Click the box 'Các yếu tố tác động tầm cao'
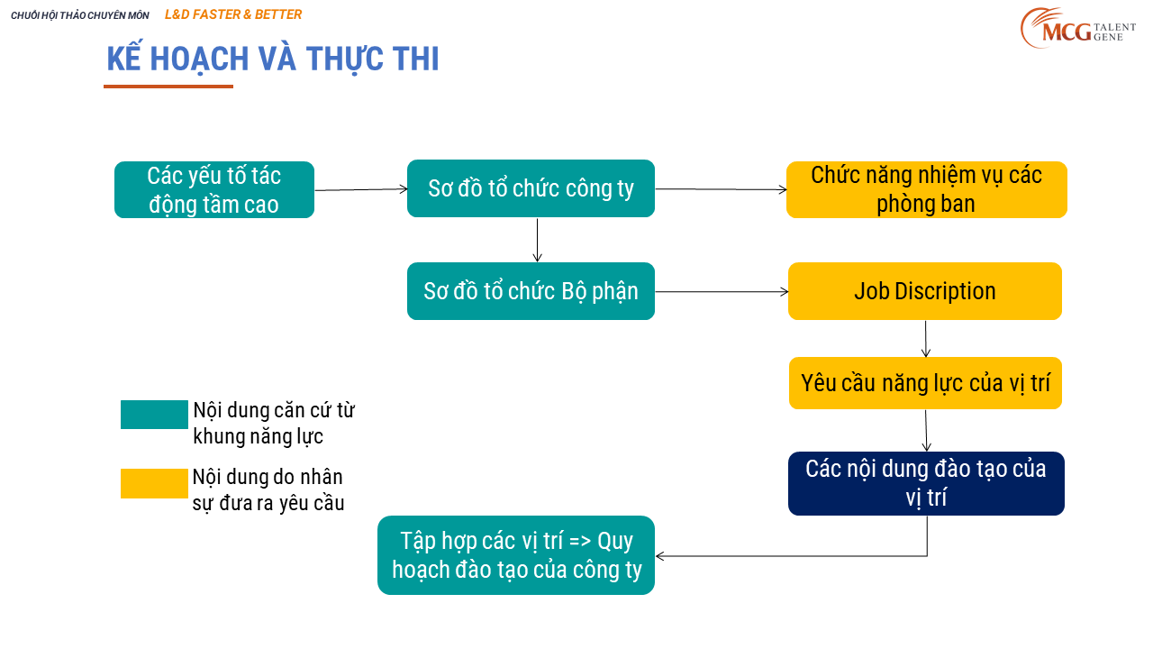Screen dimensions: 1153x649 click(x=214, y=189)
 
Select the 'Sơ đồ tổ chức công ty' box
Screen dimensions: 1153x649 click(x=531, y=188)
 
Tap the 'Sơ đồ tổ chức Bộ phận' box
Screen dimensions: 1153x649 click(x=531, y=291)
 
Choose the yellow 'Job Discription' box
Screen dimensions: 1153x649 click(x=925, y=291)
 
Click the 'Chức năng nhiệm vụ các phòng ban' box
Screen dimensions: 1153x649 click(x=927, y=189)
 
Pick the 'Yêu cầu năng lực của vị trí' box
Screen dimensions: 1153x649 click(x=925, y=383)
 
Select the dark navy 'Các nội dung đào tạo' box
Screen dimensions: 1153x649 click(x=926, y=484)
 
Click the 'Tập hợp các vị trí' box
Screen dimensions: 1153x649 click(x=516, y=555)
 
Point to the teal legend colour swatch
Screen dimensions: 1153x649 click(x=154, y=415)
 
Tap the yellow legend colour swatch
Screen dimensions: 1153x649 click(x=154, y=484)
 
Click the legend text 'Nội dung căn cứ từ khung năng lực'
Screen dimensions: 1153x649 click(x=274, y=424)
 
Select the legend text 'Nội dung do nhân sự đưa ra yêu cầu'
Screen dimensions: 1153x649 click(x=268, y=489)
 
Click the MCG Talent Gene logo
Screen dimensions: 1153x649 click(x=1078, y=28)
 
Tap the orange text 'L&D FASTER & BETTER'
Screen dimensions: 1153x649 click(x=233, y=14)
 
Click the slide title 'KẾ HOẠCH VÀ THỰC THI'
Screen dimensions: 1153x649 click(x=273, y=59)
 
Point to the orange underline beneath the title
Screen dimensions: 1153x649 click(x=168, y=87)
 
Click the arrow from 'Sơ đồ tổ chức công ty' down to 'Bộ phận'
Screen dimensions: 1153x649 click(x=538, y=240)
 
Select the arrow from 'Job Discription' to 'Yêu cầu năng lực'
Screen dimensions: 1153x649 click(x=925, y=339)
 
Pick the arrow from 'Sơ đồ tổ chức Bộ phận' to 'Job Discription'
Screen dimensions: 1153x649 click(x=722, y=292)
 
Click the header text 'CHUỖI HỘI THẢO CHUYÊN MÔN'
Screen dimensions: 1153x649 click(x=80, y=15)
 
